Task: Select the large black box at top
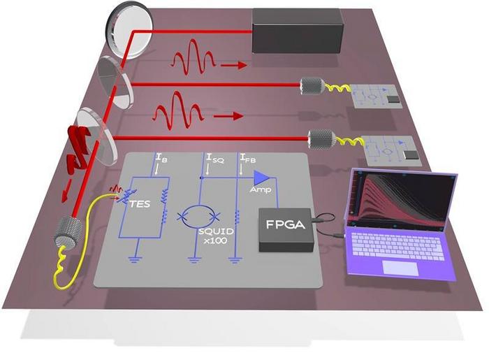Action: pos(296,32)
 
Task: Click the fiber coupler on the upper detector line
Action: pos(311,87)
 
